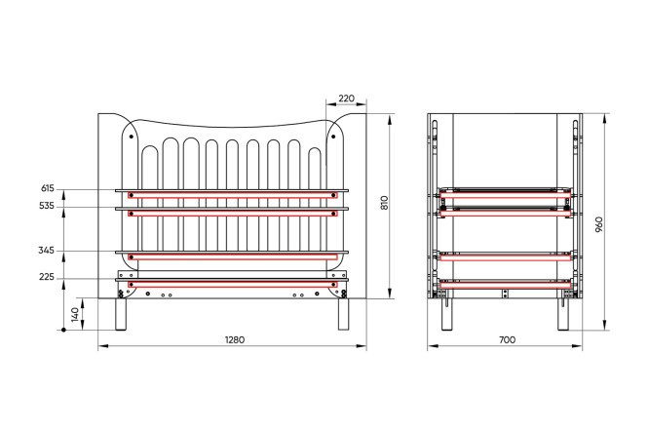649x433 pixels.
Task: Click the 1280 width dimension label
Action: pyautogui.click(x=235, y=339)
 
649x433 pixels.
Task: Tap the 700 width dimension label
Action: pyautogui.click(x=507, y=339)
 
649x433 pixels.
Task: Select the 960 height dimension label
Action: pyautogui.click(x=599, y=224)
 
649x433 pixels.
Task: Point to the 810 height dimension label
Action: pyautogui.click(x=385, y=203)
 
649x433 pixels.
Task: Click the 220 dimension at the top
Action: pyautogui.click(x=347, y=98)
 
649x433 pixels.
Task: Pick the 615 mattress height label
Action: pyautogui.click(x=48, y=188)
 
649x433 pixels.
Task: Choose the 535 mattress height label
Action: pyautogui.click(x=47, y=206)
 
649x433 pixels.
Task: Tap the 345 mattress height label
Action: pyautogui.click(x=47, y=251)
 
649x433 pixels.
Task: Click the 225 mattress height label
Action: pyautogui.click(x=47, y=277)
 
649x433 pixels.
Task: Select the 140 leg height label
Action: pyautogui.click(x=75, y=314)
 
